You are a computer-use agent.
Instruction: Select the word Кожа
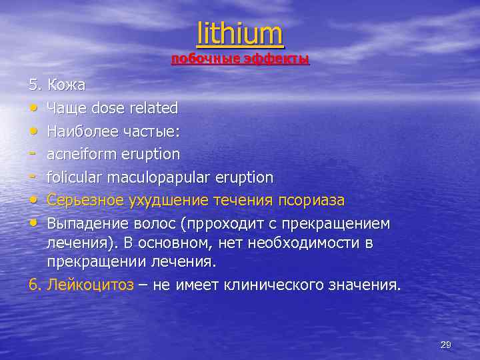click(x=66, y=85)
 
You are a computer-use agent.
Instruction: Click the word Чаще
click(x=67, y=107)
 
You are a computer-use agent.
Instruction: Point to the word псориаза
click(x=313, y=200)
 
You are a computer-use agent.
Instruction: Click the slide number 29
click(x=446, y=345)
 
